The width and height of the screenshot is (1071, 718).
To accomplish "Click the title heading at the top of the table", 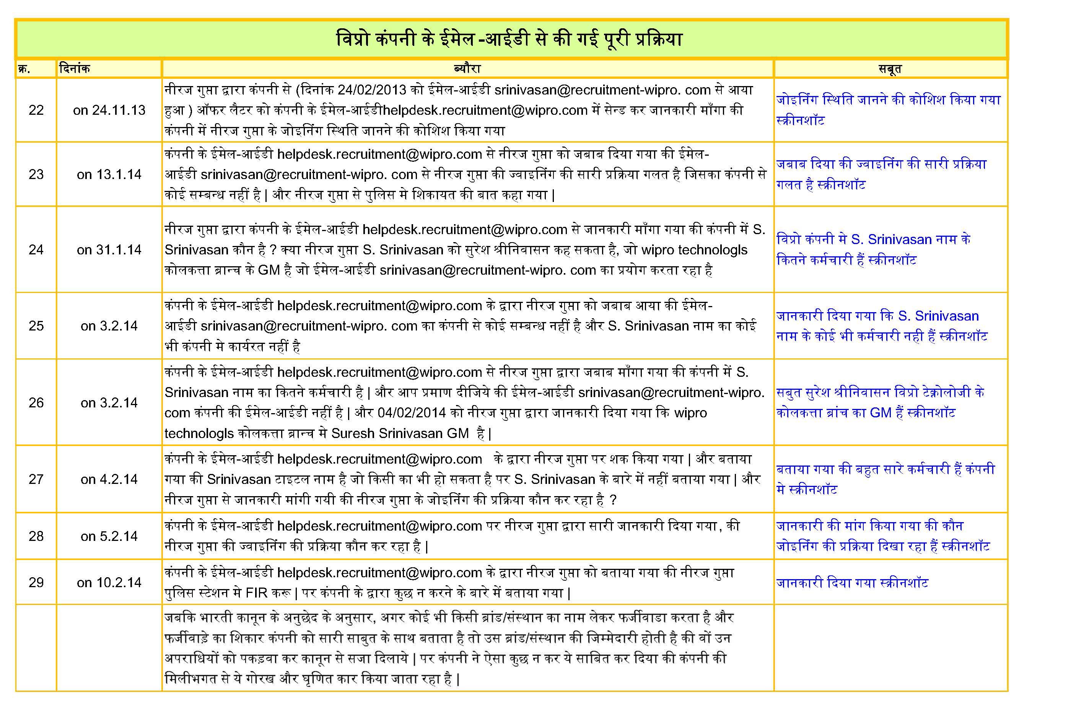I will (509, 39).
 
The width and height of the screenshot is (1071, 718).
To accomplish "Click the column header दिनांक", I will (75, 69).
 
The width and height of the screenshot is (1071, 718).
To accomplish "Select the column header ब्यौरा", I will (467, 69).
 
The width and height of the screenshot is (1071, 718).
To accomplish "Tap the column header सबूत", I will (890, 69).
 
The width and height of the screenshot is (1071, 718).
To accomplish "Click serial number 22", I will (36, 110).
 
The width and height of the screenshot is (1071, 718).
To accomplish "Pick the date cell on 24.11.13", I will (109, 110).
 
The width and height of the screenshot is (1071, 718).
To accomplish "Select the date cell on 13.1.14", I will (109, 174).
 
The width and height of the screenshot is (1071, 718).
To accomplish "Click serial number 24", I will (36, 249).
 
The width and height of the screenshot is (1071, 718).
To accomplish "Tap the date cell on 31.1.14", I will (109, 249).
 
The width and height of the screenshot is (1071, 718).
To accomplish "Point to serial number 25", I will (36, 326).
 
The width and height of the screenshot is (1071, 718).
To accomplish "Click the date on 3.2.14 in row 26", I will (109, 402).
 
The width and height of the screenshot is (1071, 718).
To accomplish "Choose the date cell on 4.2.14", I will (109, 479).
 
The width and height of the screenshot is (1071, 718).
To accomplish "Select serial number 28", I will (36, 536).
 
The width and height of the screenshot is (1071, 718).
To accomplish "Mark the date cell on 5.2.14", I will (109, 536).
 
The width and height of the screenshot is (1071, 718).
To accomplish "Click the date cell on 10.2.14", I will (109, 583).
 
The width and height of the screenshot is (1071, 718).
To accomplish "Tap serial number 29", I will (36, 583).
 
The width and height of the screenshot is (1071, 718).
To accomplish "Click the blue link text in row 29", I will (852, 583).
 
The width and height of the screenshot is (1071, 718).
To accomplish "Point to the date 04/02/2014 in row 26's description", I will (412, 413).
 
